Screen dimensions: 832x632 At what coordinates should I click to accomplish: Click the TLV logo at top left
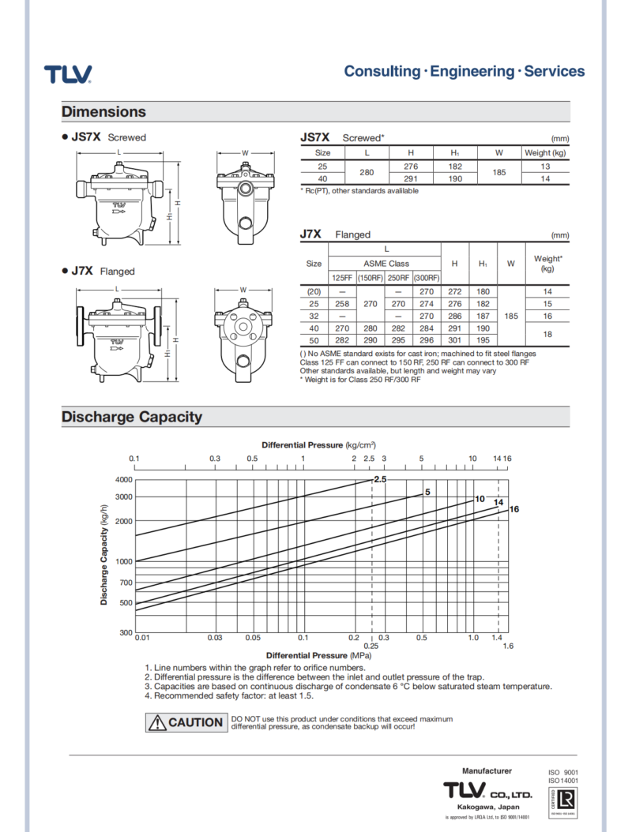point(68,74)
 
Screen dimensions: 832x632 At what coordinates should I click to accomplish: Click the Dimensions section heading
point(103,112)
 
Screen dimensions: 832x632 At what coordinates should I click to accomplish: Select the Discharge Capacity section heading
point(131,417)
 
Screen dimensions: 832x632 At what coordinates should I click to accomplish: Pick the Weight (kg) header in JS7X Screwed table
point(545,152)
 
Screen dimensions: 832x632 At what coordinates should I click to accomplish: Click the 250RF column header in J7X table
point(398,278)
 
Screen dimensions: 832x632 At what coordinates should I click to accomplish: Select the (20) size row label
point(314,291)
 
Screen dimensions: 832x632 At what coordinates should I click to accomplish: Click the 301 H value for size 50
point(454,340)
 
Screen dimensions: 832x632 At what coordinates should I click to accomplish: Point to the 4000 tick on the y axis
point(122,480)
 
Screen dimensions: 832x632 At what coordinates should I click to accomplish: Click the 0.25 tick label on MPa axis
point(371,646)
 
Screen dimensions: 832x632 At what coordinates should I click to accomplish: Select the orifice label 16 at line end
point(513,509)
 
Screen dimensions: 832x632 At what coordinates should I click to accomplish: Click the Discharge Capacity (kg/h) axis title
point(103,557)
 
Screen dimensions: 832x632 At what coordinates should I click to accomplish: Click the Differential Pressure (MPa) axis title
point(318,655)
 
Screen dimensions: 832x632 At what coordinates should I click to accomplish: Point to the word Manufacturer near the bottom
point(487,770)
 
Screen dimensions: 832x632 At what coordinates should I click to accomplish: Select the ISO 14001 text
point(563,781)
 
